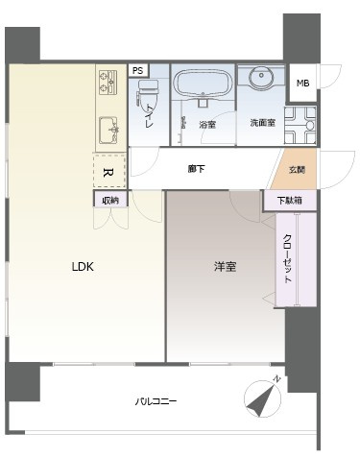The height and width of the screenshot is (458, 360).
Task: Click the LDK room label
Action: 82,268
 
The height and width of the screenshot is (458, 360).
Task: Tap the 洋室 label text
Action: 226,268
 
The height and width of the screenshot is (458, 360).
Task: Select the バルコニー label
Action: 155,401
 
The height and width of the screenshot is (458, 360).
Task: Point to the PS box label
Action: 138,71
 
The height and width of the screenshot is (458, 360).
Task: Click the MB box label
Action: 302,84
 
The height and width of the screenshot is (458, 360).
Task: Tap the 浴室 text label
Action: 206,125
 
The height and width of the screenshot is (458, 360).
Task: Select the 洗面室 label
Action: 262,125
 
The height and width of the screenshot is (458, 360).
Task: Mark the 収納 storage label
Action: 110,200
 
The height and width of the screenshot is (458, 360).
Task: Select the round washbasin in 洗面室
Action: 260,80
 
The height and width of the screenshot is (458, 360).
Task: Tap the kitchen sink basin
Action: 108,128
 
